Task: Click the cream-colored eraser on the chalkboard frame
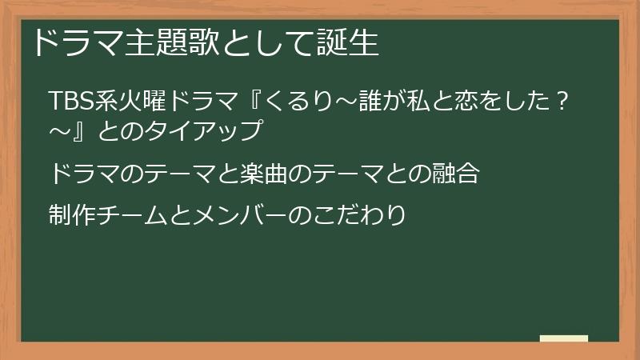pos(563,338)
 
